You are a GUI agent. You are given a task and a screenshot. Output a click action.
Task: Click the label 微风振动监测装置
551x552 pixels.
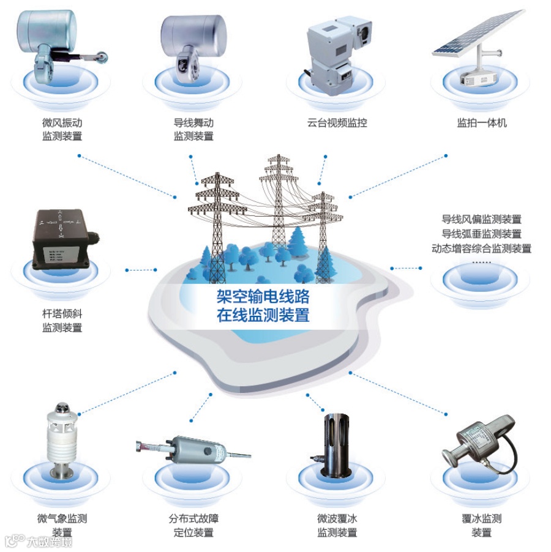point(62,129)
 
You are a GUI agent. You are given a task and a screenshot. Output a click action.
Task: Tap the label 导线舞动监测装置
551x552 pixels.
point(193,129)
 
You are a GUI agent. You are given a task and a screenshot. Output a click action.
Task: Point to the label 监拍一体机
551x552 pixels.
point(482,122)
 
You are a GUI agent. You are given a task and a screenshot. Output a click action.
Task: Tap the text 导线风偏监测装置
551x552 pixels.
point(481,219)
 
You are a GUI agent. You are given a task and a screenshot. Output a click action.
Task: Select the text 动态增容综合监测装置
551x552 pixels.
point(481,248)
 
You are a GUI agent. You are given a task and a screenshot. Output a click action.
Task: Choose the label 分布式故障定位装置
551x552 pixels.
point(193,525)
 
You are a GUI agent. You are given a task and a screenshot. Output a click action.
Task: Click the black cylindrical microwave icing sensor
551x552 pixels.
point(336,446)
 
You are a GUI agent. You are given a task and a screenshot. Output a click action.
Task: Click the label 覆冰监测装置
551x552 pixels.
point(482,525)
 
